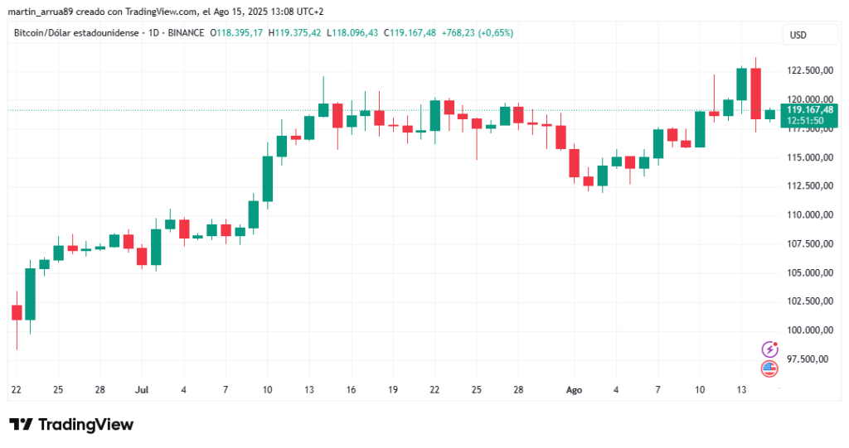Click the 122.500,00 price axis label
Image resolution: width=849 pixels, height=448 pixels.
pyautogui.click(x=808, y=70)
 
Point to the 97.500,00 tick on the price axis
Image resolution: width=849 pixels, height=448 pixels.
pyautogui.click(x=808, y=359)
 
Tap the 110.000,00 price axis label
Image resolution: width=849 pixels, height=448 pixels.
pyautogui.click(x=808, y=214)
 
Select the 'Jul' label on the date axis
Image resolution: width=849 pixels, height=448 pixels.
pyautogui.click(x=142, y=389)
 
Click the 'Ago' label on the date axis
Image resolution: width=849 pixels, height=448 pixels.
pyautogui.click(x=574, y=389)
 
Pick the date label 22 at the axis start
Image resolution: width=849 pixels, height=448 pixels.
pyautogui.click(x=17, y=389)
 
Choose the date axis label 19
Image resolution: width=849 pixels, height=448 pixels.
pyautogui.click(x=392, y=389)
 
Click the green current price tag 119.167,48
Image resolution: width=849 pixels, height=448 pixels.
pyautogui.click(x=809, y=109)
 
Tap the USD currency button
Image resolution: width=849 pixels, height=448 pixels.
pyautogui.click(x=799, y=35)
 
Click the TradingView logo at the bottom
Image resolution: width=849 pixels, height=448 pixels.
pyautogui.click(x=71, y=424)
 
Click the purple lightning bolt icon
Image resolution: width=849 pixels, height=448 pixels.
pyautogui.click(x=769, y=349)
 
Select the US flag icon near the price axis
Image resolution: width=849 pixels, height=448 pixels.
pyautogui.click(x=769, y=369)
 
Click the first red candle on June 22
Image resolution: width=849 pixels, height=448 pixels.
pyautogui.click(x=17, y=312)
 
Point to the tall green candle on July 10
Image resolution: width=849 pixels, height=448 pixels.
pyautogui.click(x=267, y=178)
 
